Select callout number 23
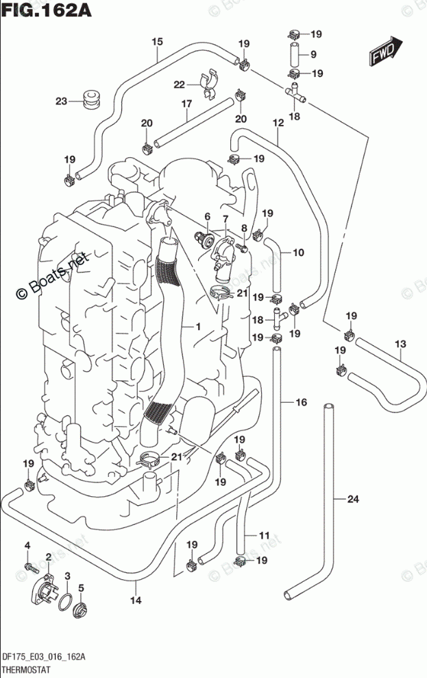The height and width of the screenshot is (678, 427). [62, 102]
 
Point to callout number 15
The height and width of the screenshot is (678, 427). [157, 42]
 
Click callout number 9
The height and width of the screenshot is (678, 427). [313, 55]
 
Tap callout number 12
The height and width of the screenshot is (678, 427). [278, 124]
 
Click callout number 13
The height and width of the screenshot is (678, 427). [400, 343]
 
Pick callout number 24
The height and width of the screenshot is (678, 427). [352, 499]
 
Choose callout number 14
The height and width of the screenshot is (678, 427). [135, 601]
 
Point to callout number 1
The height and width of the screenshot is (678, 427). [197, 328]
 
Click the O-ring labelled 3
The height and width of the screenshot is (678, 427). [65, 602]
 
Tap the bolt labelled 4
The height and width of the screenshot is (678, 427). [29, 567]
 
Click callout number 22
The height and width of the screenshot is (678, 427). [179, 84]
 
